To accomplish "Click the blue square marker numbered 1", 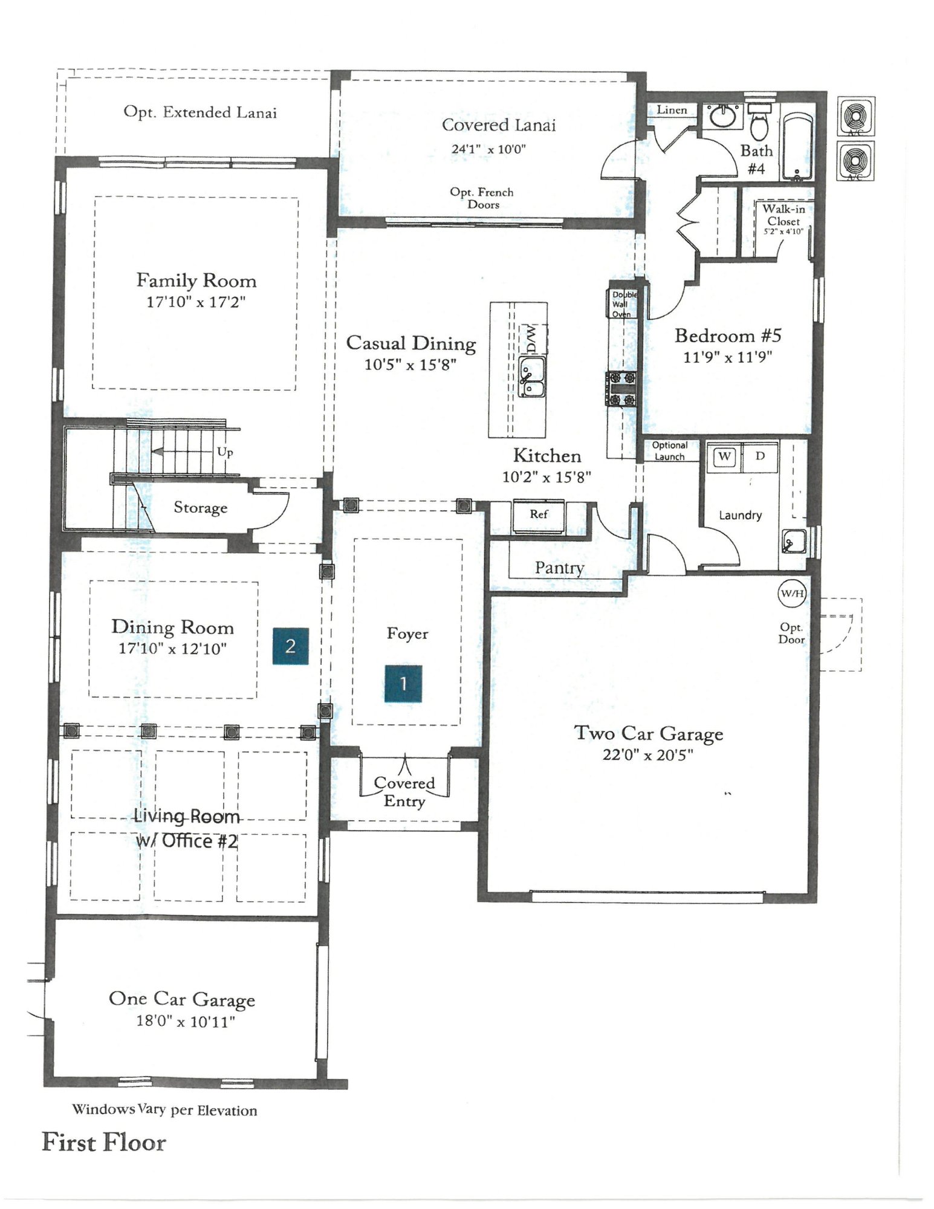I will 403,684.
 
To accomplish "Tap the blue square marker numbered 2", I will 290,646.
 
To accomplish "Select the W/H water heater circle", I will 791,593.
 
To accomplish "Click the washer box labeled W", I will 724,456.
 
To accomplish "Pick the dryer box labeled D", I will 760,456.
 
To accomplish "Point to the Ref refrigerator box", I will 539,515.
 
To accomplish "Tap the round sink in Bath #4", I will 722,117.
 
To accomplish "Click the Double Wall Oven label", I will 622,304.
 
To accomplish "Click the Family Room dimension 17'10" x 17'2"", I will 196,302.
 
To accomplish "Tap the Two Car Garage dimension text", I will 647,755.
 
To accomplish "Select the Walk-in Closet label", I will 783,218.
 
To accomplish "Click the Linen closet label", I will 672,110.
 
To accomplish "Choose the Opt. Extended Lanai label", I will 200,112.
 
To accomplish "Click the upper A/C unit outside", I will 855,116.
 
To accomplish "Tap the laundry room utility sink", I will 793,541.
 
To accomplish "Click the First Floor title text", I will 104,1143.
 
